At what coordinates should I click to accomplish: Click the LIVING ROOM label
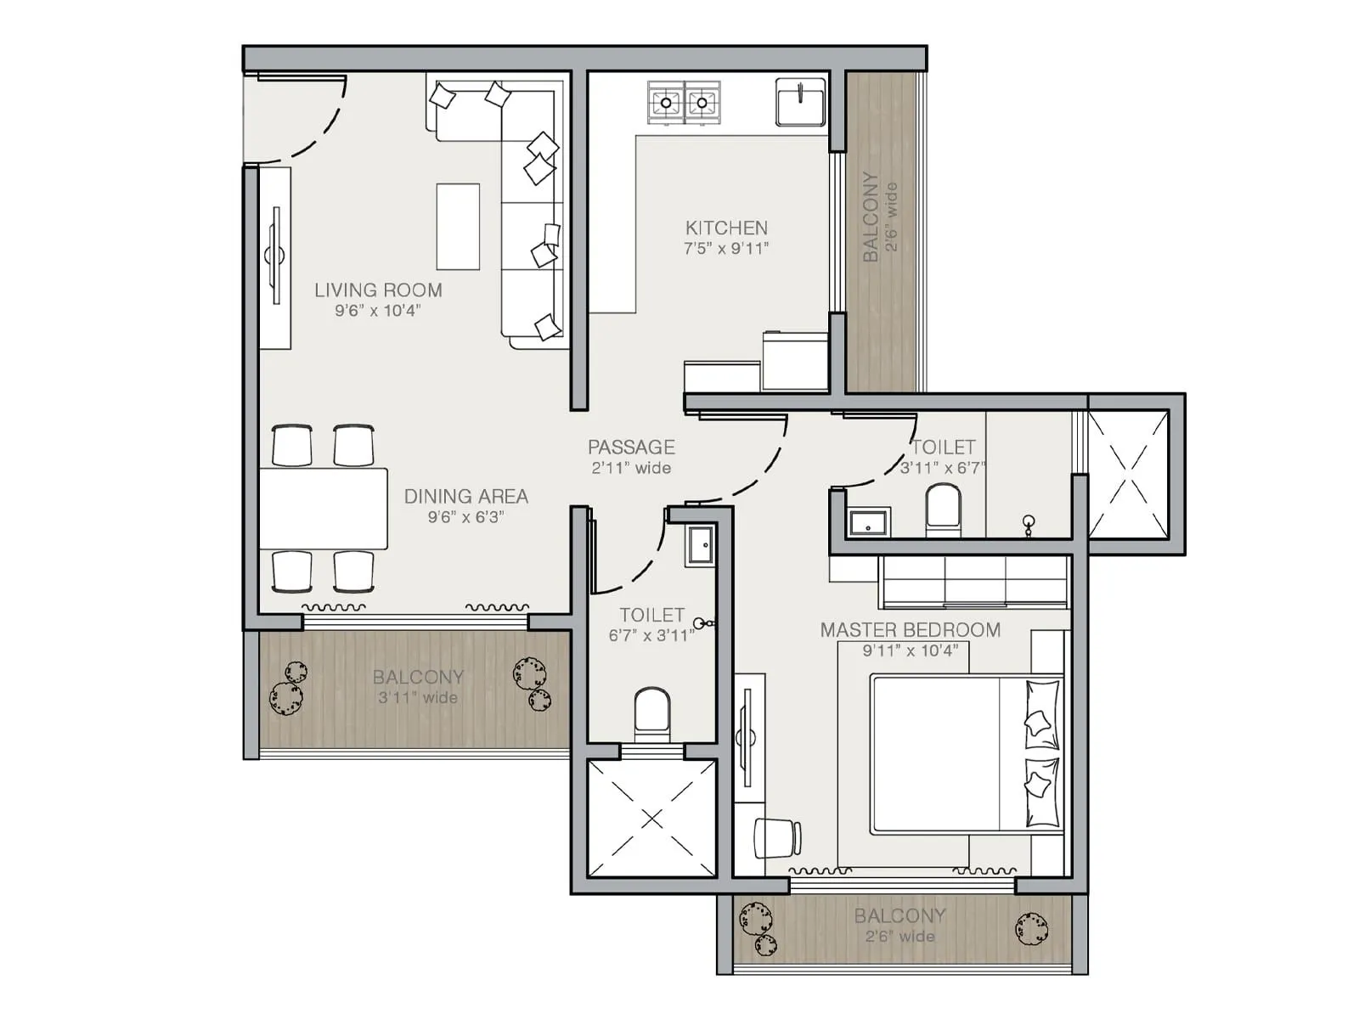click(x=378, y=290)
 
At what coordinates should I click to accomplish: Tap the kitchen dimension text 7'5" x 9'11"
click(x=726, y=249)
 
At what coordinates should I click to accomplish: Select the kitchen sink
click(x=800, y=102)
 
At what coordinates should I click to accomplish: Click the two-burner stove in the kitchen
click(x=684, y=103)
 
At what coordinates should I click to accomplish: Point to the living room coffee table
click(x=458, y=226)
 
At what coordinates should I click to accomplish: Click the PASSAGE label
click(x=631, y=447)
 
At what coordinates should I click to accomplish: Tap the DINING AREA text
click(x=465, y=496)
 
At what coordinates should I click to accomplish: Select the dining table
click(x=324, y=508)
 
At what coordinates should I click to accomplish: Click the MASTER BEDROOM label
click(x=910, y=630)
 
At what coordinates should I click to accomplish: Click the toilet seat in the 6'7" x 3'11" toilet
click(x=652, y=713)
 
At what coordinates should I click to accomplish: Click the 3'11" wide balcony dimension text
click(x=418, y=698)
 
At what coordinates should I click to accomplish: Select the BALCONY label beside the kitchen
click(x=871, y=217)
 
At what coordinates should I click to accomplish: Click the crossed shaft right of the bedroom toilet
click(x=1129, y=473)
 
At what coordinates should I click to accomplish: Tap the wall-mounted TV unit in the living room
click(x=274, y=256)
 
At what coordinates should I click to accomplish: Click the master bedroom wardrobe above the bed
click(x=975, y=582)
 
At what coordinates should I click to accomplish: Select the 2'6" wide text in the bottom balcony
click(x=900, y=937)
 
